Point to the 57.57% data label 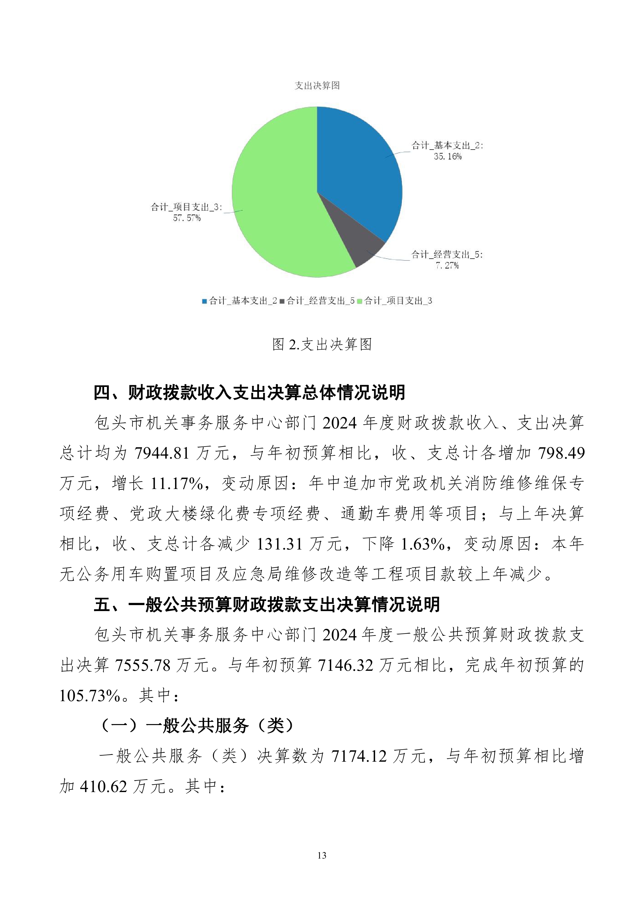pos(186,218)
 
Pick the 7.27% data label pos(447,265)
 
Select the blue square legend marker pos(205,301)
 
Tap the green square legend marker pos(360,301)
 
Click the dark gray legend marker pos(282,301)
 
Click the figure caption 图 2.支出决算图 pos(322,344)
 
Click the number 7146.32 pos(346,665)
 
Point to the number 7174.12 pos(359,756)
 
